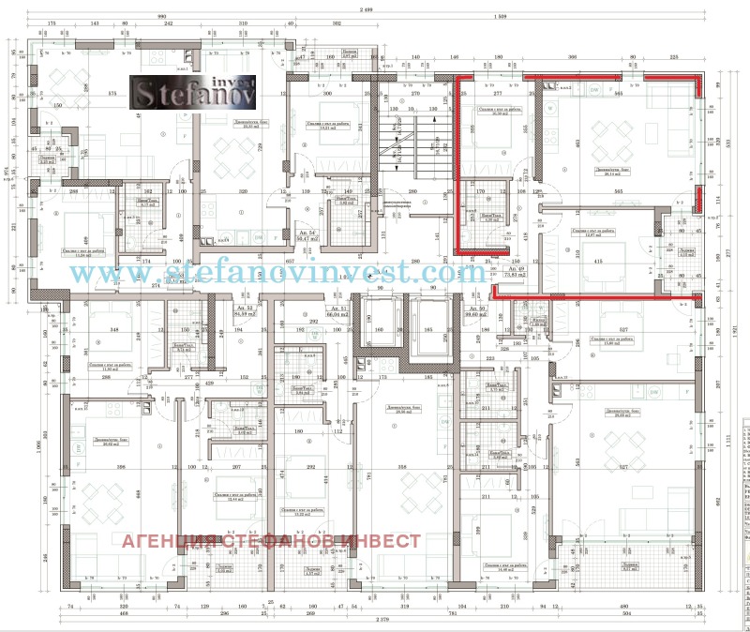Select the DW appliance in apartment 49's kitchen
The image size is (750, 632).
click(x=595, y=90)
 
